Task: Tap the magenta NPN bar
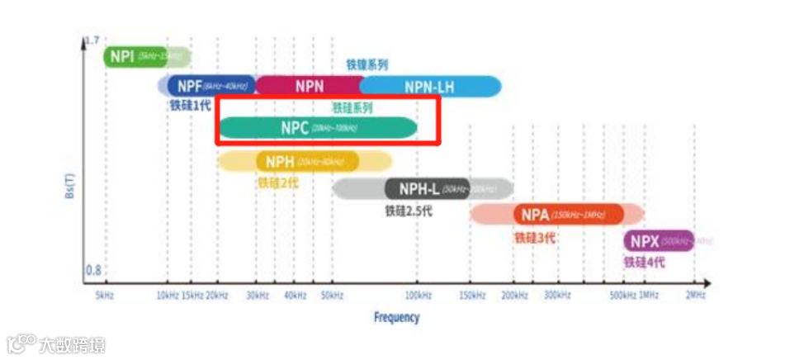click(x=309, y=86)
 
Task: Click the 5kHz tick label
click(x=105, y=295)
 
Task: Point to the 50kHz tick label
click(x=332, y=295)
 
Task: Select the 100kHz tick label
click(x=417, y=295)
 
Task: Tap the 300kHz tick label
click(x=557, y=295)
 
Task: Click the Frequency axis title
click(x=396, y=317)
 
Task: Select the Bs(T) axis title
click(x=71, y=182)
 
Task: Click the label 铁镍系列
click(x=367, y=64)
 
